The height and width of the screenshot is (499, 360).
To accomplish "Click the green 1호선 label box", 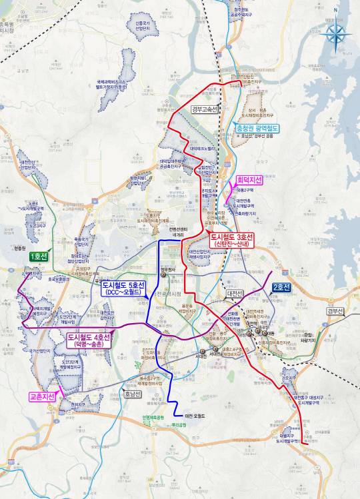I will point(38,256).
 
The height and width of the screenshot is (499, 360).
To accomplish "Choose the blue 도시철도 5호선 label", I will point(124,288).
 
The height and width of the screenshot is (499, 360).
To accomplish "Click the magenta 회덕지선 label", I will point(249,181).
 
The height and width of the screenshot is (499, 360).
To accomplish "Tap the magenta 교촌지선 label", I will point(41,397).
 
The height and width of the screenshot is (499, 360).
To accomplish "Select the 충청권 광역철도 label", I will point(257,127).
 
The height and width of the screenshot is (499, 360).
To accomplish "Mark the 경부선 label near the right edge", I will point(335,311).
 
